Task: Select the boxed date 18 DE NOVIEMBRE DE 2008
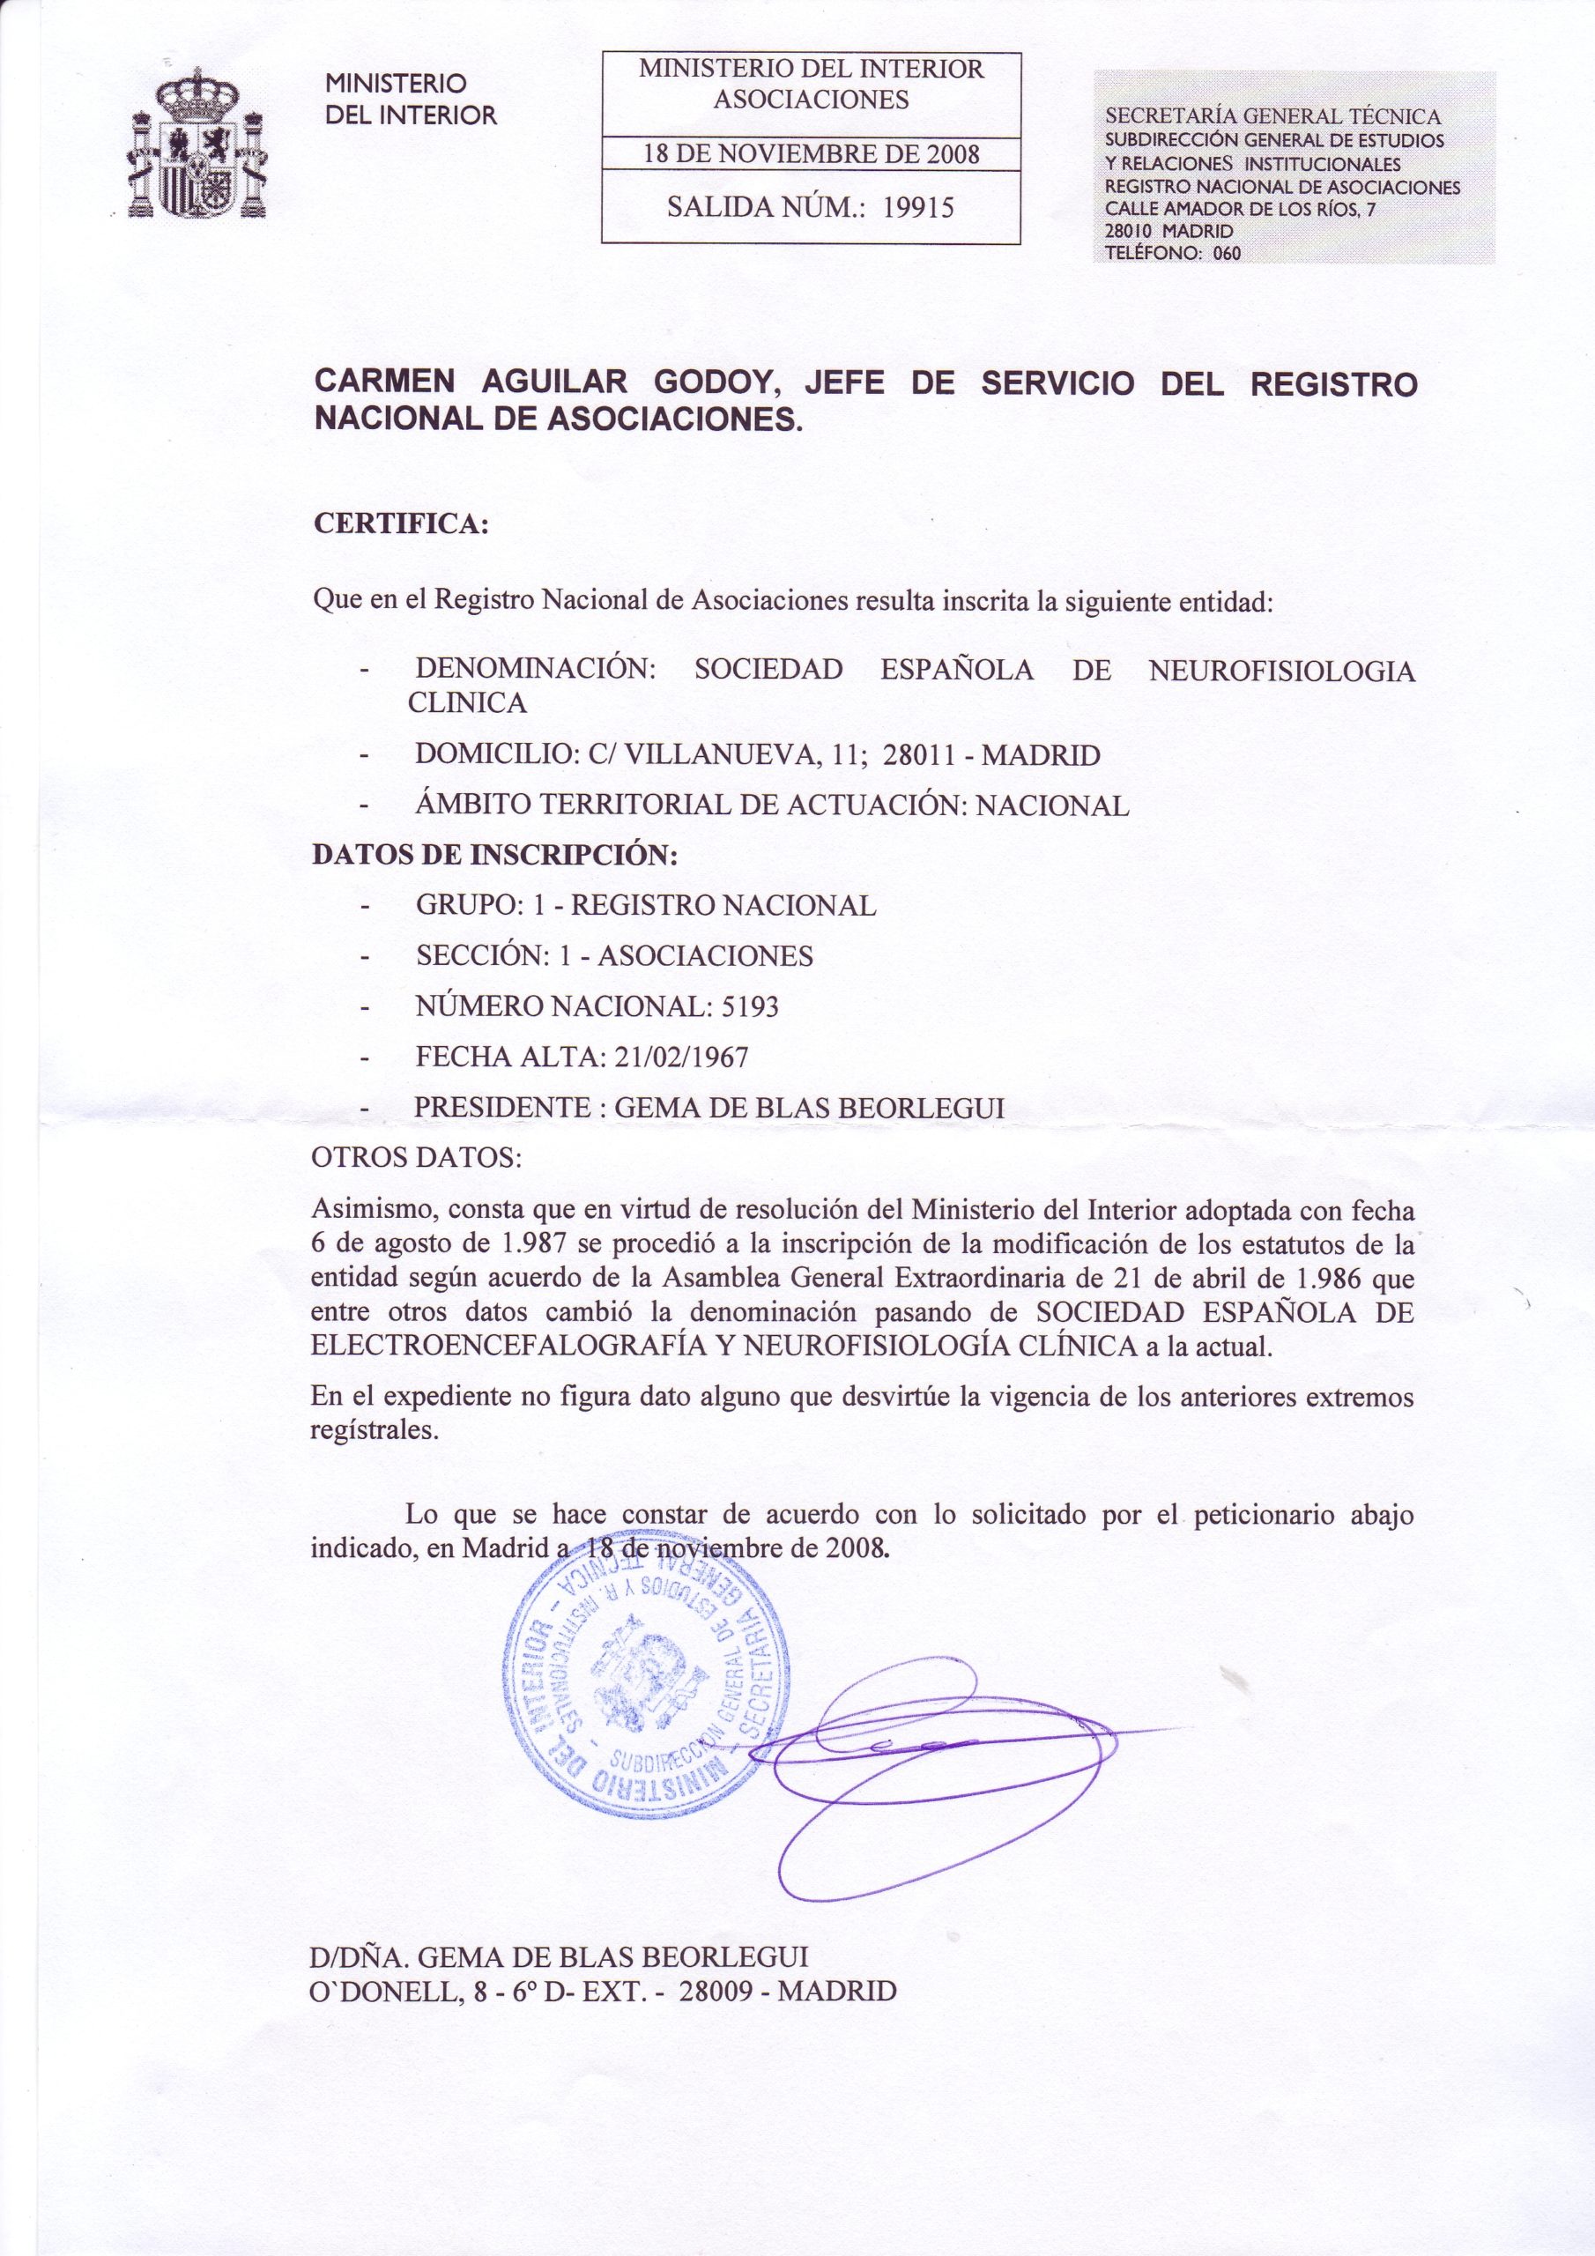(x=811, y=155)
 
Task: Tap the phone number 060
(x=1227, y=253)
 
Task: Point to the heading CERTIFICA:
(x=400, y=523)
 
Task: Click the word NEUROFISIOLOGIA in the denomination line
(x=1281, y=672)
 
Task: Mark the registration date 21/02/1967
(x=680, y=1057)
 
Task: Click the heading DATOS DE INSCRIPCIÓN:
(x=495, y=854)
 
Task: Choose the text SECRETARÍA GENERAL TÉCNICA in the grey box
(x=1273, y=117)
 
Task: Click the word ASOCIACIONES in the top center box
(x=811, y=100)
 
